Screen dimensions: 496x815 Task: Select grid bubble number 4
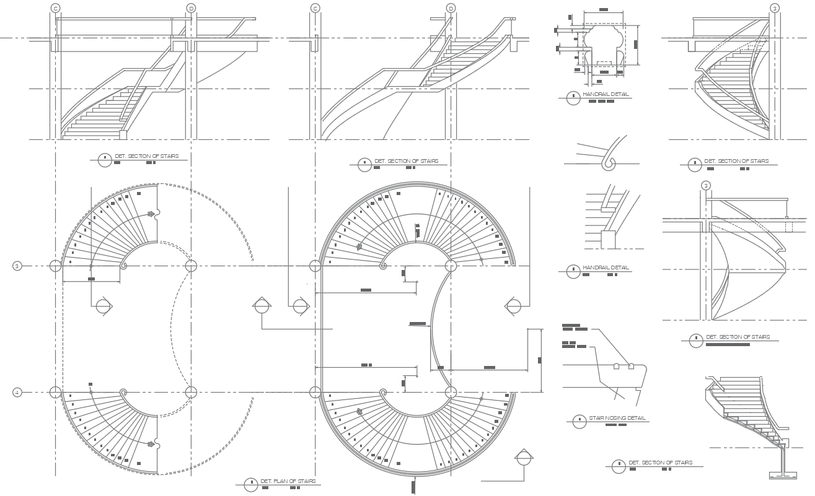17,393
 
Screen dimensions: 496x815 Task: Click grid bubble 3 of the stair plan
17,266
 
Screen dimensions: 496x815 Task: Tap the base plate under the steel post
783,476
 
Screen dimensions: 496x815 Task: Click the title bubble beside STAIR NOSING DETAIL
579,421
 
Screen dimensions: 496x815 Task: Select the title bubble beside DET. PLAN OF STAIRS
250,485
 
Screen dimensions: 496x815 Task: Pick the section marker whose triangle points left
514,305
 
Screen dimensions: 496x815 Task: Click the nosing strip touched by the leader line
631,366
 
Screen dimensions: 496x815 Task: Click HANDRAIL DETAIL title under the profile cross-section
606,95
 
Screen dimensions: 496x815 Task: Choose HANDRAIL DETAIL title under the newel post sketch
606,268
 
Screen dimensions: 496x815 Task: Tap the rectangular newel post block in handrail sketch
608,240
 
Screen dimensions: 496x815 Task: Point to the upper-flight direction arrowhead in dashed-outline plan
151,214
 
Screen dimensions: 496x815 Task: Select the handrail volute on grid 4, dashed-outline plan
123,393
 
